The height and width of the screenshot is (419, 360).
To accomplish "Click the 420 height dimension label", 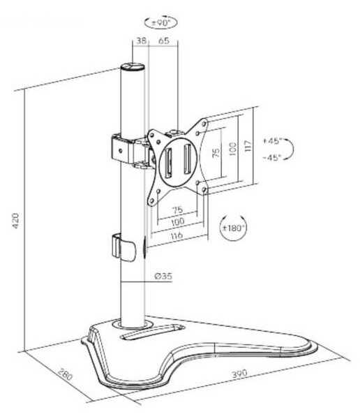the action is click(x=15, y=221).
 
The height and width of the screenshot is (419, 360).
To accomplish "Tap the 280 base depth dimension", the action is click(x=65, y=374).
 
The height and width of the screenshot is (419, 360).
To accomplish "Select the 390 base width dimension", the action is click(x=239, y=374).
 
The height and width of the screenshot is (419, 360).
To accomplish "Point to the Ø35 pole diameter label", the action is click(x=163, y=276).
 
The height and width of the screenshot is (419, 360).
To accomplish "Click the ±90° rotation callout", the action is click(x=160, y=22).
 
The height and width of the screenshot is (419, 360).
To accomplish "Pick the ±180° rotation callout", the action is click(x=234, y=228).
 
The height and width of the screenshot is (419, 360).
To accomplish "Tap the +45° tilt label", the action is click(x=272, y=141).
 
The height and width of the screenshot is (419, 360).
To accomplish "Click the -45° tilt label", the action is click(x=272, y=157).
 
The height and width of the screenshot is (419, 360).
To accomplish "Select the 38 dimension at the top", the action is click(x=141, y=41).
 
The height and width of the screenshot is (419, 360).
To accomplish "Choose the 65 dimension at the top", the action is click(x=164, y=41).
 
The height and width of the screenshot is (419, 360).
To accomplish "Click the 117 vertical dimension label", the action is click(x=248, y=146).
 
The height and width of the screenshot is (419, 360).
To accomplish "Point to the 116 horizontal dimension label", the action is click(x=177, y=235).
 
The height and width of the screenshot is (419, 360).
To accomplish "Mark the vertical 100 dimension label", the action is click(x=232, y=149).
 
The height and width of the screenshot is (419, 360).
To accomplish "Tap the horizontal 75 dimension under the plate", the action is click(x=178, y=209).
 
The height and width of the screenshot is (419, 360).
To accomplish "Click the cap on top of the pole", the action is click(x=133, y=67).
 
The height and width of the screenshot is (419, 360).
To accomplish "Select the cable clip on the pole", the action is click(x=123, y=247).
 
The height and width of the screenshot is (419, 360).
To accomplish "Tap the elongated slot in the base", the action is click(x=153, y=332).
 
